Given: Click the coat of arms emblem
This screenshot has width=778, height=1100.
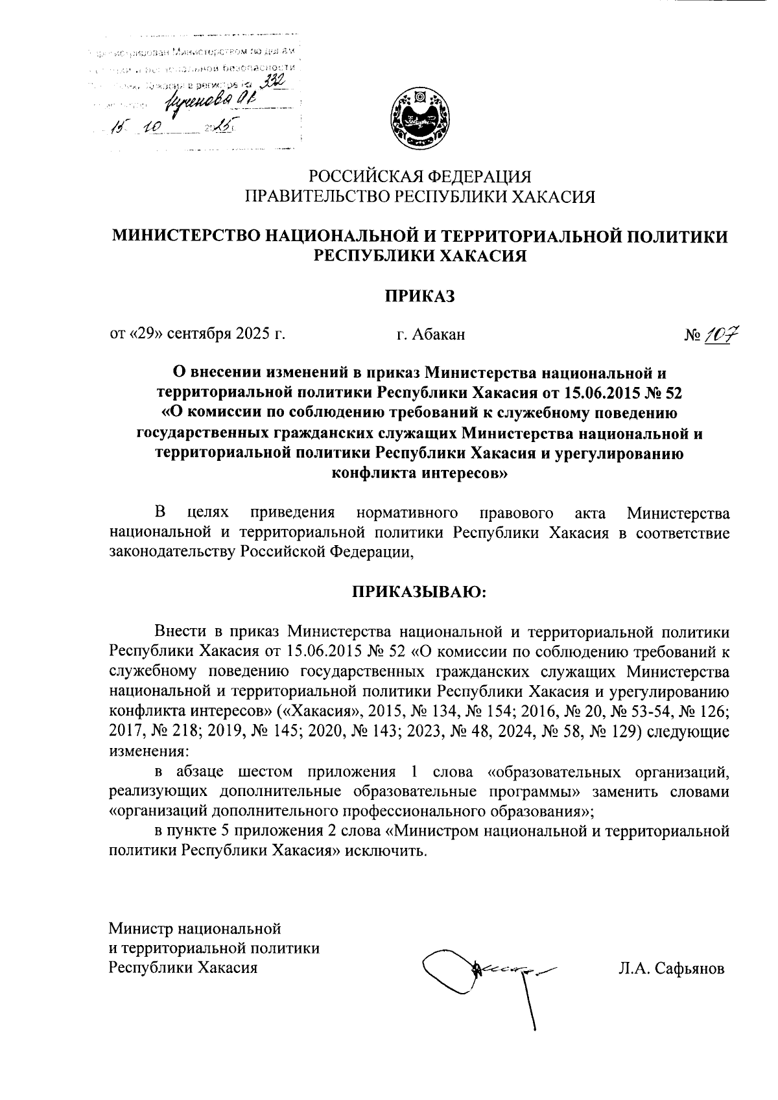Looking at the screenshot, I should pos(420,117).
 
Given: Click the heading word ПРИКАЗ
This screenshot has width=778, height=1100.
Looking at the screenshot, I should pos(420,296).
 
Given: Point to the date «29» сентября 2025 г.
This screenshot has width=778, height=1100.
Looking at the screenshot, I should pos(198,334).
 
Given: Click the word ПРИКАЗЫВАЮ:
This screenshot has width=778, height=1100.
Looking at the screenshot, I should pos(419,592).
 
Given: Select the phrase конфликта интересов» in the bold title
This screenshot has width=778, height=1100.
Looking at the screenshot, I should pos(419,474).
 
